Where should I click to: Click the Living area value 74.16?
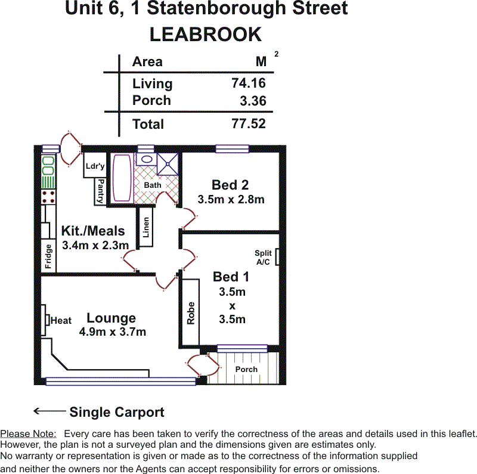click(249, 83)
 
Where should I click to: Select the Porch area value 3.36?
click(253, 101)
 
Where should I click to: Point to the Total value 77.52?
click(249, 123)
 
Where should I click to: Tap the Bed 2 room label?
click(230, 185)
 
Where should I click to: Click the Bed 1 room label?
click(231, 277)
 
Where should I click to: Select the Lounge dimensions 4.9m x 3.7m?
click(113, 332)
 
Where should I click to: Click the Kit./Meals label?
click(93, 231)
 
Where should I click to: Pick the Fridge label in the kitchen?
click(48, 256)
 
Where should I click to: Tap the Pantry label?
click(100, 191)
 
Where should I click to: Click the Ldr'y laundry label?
click(95, 166)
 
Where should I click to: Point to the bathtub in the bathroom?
click(122, 178)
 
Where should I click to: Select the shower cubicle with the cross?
click(168, 165)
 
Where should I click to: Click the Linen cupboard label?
click(146, 227)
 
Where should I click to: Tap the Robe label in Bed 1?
click(191, 313)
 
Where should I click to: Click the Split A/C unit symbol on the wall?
click(277, 257)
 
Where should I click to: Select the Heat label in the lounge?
click(61, 320)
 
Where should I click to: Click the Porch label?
click(246, 369)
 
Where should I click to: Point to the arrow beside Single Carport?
click(49, 411)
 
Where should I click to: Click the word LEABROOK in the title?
click(206, 35)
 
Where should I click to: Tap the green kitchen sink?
click(48, 166)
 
